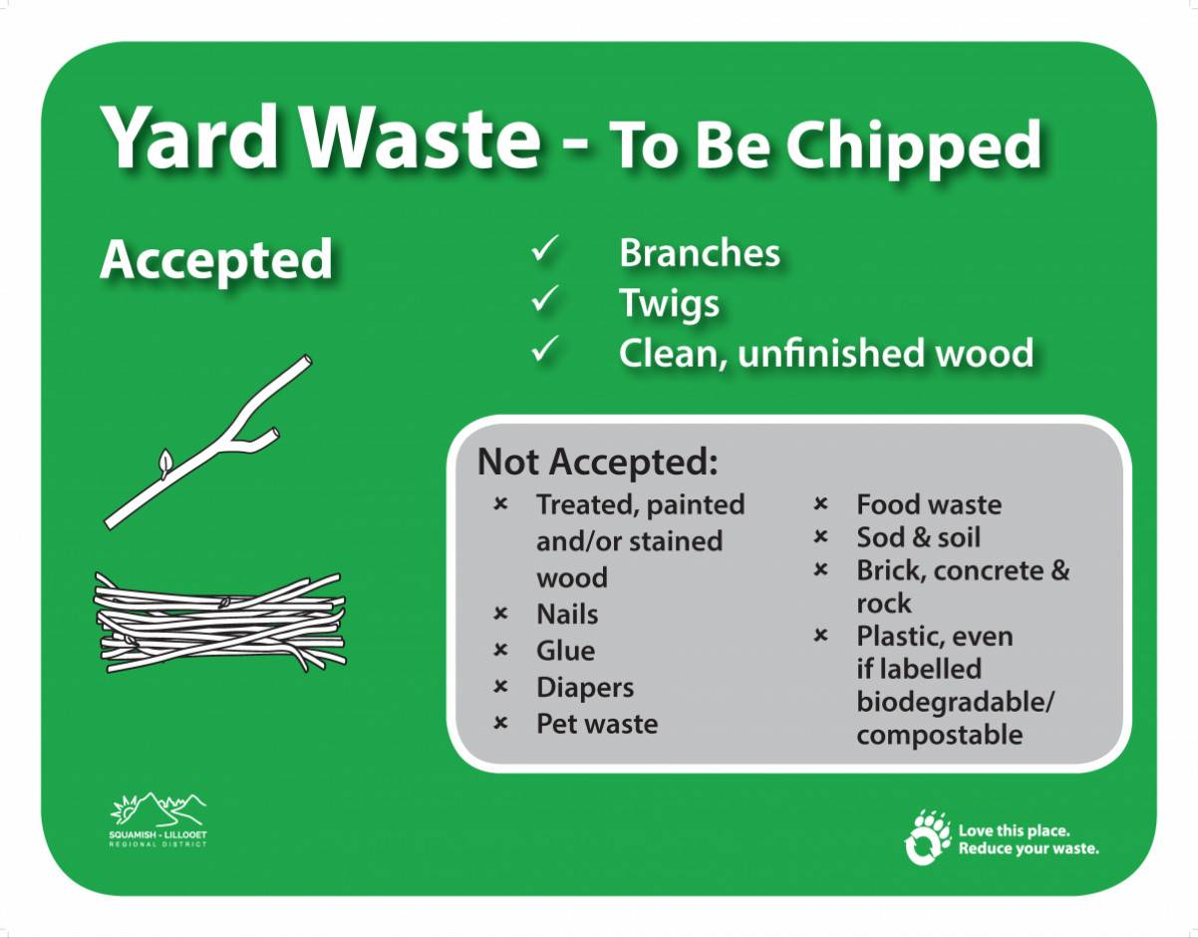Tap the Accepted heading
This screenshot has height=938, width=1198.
pos(216,260)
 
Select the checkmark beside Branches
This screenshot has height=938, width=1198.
pos(545,248)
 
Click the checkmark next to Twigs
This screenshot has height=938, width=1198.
pos(545,298)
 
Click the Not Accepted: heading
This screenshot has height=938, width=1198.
pos(598,462)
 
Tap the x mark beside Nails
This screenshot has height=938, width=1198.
pos(500,613)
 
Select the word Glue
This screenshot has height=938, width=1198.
pos(566,650)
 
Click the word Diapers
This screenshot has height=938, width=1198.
pos(585,688)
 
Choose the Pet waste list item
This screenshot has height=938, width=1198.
pos(597,724)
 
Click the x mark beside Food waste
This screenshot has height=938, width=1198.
pos(820,503)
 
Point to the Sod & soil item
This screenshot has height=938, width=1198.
pos(919,537)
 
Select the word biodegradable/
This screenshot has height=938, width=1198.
pos(956,702)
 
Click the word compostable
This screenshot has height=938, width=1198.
pos(940,736)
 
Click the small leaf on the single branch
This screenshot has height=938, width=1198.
pos(165,462)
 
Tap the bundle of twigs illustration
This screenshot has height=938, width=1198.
pos(220,623)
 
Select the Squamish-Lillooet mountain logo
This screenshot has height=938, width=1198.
pos(158,819)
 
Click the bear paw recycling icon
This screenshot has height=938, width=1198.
pos(927,837)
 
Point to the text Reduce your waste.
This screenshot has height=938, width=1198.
pos(1029,849)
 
